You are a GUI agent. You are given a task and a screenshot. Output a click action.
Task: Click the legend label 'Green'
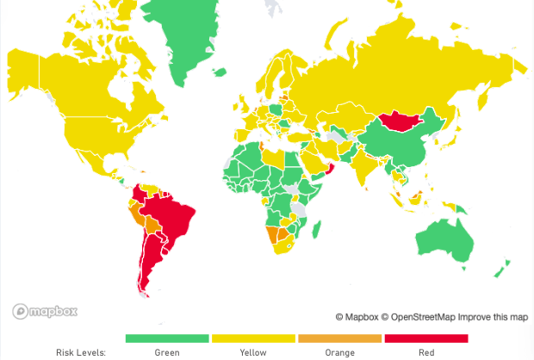coord(167,352)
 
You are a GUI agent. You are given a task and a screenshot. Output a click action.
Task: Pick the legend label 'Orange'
coord(339,352)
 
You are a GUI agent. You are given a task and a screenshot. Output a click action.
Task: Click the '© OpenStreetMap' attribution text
coord(419,317)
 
